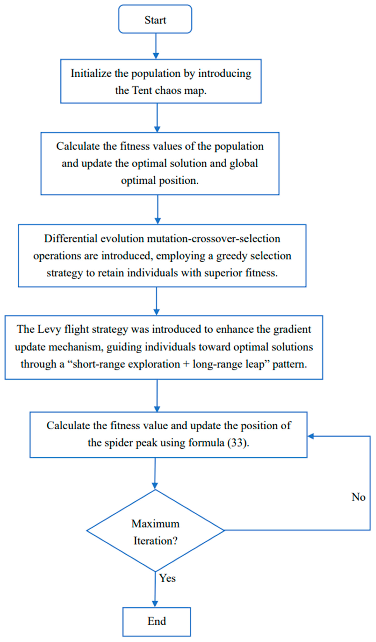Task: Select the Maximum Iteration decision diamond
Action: tap(155, 531)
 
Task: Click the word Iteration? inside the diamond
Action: tap(156, 541)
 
